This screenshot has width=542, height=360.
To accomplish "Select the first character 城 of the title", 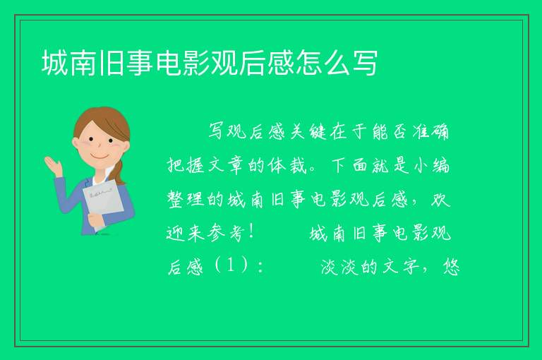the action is click(54, 63).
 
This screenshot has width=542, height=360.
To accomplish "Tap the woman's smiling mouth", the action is click(100, 157).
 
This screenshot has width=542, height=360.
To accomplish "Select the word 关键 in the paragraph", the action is click(308, 132).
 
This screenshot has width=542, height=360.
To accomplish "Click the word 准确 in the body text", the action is click(430, 132).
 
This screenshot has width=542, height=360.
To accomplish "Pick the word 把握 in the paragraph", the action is click(186, 165).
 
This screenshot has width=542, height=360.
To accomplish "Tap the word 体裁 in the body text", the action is click(287, 165).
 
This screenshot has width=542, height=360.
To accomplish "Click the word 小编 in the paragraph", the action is click(431, 165).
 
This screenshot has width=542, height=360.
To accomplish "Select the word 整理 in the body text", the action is click(186, 199).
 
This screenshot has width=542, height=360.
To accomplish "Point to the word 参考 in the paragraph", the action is click(226, 233).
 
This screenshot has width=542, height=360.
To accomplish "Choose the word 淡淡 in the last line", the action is click(339, 267).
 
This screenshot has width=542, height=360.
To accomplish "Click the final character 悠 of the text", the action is click(451, 267).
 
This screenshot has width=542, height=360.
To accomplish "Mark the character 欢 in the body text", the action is click(441, 199).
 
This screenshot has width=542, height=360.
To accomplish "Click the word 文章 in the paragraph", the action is click(226, 165).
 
